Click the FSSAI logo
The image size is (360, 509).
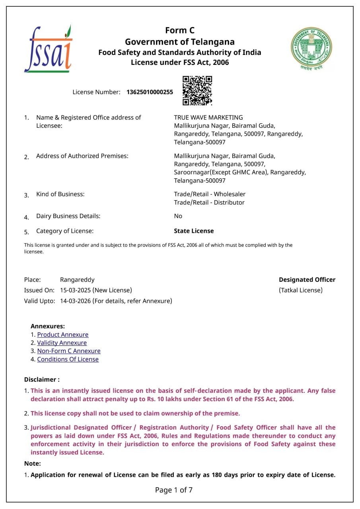click(x=48, y=49)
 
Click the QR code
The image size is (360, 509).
click(x=197, y=91)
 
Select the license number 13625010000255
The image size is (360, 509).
click(x=150, y=92)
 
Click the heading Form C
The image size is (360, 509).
click(x=180, y=31)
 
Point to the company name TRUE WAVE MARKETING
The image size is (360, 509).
click(x=208, y=117)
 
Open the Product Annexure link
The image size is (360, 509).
click(x=63, y=335)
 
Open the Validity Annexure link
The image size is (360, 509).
click(x=62, y=343)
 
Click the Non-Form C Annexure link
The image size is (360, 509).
click(x=69, y=351)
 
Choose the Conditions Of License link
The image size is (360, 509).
click(x=68, y=359)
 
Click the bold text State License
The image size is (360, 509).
click(x=194, y=231)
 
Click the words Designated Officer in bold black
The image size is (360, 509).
click(x=307, y=280)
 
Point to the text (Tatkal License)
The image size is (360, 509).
click(x=301, y=290)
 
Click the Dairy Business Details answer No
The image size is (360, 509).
click(x=178, y=216)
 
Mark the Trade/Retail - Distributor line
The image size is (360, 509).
click(x=209, y=203)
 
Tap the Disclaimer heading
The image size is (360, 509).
click(x=42, y=380)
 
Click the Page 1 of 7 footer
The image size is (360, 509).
click(x=174, y=490)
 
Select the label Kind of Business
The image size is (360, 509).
click(x=60, y=194)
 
